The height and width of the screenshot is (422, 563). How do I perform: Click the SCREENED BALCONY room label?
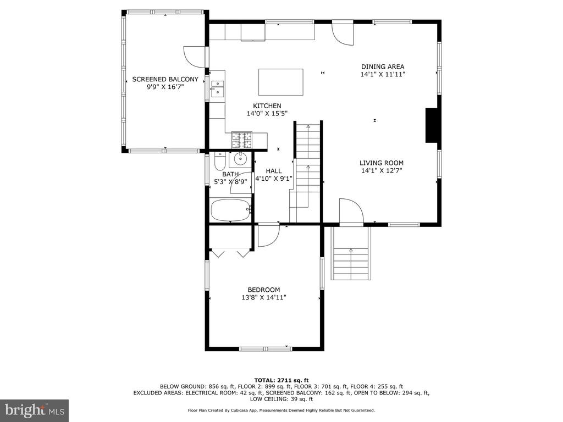[165, 79]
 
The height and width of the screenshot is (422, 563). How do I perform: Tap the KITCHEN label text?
[267, 106]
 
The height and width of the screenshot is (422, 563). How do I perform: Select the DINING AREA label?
[383, 66]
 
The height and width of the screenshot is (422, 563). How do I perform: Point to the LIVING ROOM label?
[382, 163]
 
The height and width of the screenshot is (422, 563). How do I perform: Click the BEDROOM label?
[264, 290]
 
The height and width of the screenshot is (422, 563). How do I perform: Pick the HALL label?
[274, 171]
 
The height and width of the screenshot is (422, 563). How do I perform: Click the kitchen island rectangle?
[281, 82]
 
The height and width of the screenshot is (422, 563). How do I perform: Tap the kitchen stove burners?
[242, 140]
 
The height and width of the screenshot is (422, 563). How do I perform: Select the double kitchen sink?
[218, 88]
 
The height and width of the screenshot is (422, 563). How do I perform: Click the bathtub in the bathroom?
[230, 210]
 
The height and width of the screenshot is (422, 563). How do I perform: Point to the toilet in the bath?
[219, 162]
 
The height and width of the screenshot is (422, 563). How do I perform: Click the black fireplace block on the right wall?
[431, 125]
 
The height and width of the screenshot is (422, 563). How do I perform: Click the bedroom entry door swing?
[268, 235]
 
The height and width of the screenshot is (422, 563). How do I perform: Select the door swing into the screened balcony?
[195, 57]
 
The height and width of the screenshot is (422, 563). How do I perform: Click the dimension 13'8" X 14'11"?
[264, 297]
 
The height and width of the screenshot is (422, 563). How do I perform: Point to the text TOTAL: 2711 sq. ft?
[281, 380]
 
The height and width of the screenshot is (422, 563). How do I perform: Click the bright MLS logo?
[35, 410]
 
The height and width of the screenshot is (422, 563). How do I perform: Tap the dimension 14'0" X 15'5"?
[267, 114]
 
